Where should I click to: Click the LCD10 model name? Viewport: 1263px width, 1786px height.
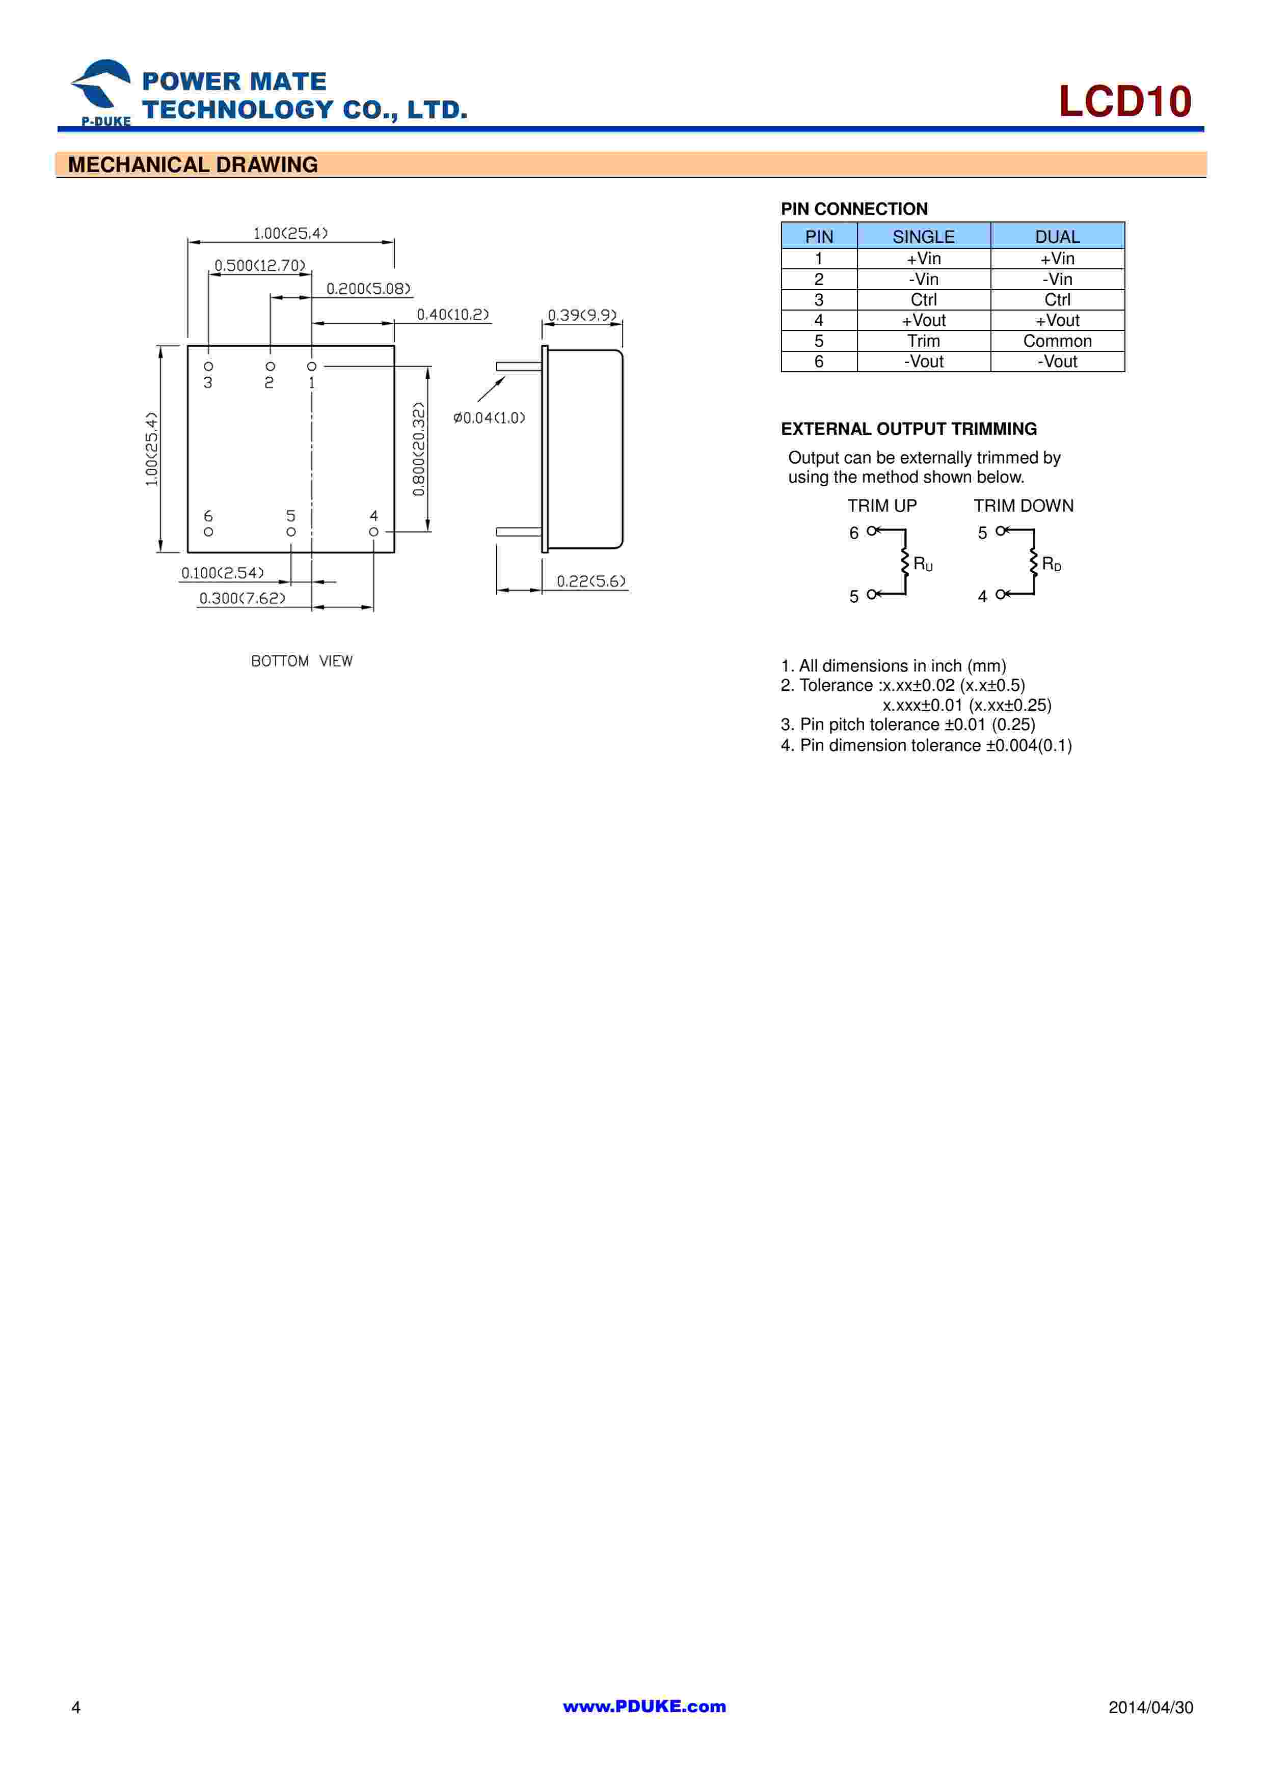1124,102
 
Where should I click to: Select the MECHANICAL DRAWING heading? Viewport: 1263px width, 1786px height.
193,165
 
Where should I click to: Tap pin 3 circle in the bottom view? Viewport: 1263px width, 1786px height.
208,366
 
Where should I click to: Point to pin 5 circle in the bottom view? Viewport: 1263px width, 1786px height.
291,532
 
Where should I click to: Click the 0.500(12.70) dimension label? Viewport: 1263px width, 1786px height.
260,265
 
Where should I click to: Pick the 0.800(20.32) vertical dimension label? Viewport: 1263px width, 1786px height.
419,449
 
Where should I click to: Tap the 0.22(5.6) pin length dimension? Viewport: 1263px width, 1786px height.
590,581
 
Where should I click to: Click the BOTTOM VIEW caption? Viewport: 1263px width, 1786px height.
301,661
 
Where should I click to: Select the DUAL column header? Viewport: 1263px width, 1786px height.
1057,236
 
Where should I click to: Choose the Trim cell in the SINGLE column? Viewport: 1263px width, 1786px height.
923,341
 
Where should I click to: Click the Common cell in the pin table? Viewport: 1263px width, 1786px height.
1057,341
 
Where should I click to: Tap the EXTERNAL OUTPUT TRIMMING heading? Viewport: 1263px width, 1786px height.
908,429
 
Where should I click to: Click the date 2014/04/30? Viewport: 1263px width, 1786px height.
1150,1708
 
